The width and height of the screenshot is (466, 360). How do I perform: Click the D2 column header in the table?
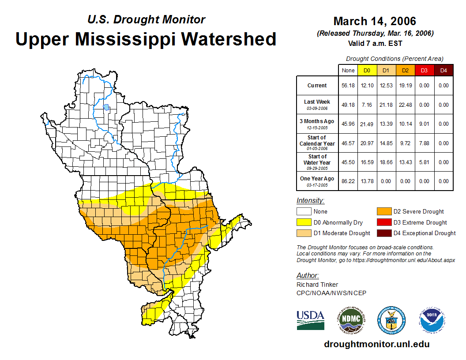[405, 70]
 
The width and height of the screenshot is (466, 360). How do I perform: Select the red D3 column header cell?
[424, 70]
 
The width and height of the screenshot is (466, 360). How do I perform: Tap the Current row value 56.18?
[348, 86]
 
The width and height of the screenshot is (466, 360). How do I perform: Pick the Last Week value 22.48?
[405, 105]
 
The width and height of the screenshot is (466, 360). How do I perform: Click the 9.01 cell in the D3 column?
[424, 124]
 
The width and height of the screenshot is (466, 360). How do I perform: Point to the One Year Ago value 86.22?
[348, 181]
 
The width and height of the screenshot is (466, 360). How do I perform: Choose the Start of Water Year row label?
[317, 162]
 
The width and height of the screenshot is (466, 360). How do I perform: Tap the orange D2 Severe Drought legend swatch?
[383, 212]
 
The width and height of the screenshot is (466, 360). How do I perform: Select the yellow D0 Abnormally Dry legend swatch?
[304, 222]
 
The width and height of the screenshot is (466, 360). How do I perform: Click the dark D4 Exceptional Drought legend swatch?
[383, 233]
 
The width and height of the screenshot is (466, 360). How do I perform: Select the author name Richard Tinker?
[317, 285]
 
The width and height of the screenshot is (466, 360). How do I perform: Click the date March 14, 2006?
[375, 21]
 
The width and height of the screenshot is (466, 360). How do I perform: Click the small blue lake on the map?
[106, 107]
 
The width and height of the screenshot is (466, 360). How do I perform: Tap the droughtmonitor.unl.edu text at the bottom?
[376, 344]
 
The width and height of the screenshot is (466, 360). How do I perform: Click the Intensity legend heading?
[310, 201]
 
